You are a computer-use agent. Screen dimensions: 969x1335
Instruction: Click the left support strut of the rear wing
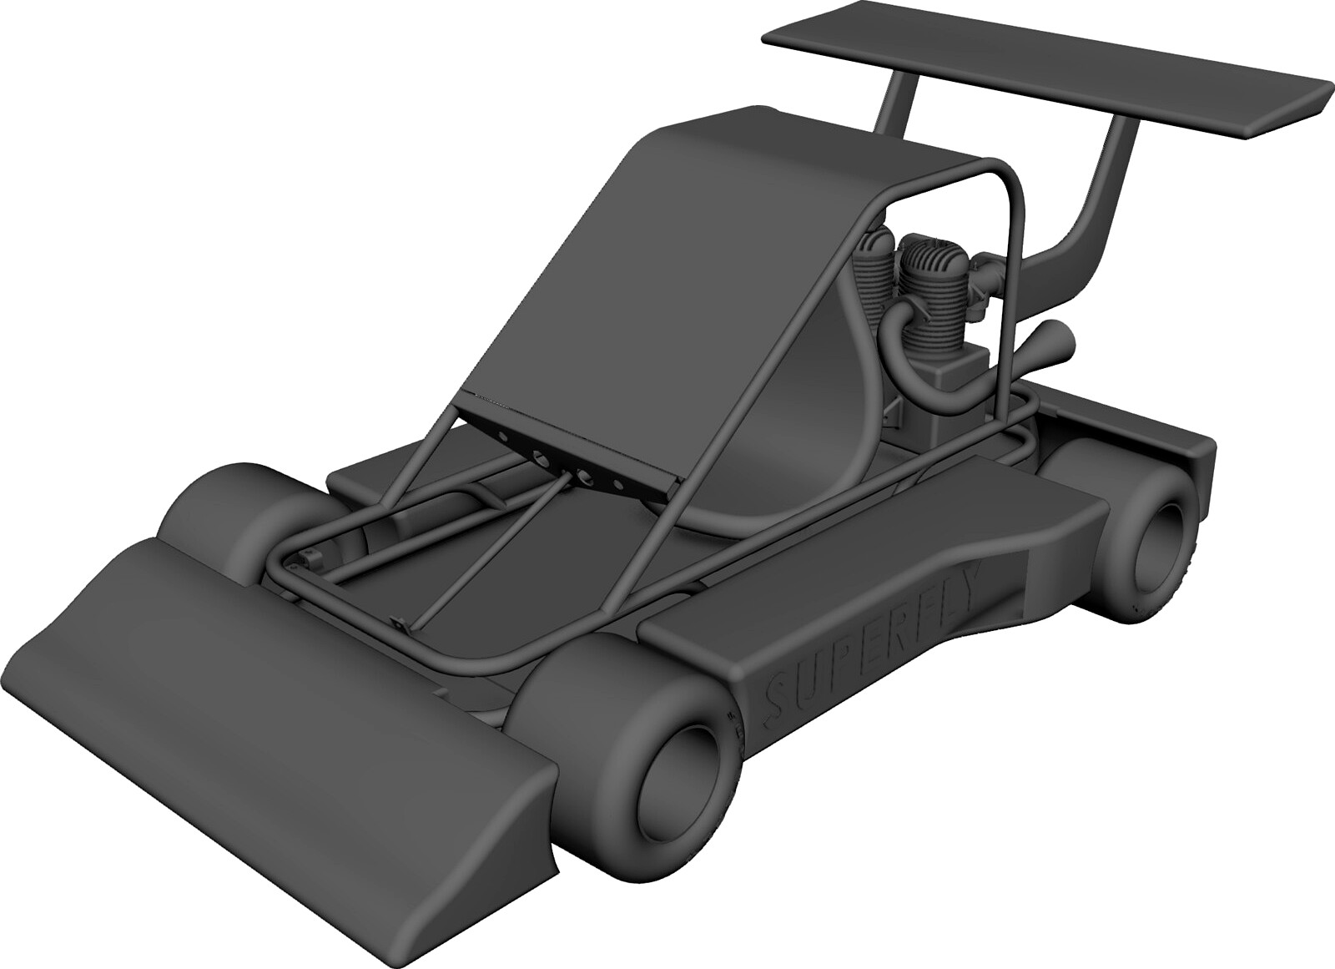[x=897, y=104]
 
